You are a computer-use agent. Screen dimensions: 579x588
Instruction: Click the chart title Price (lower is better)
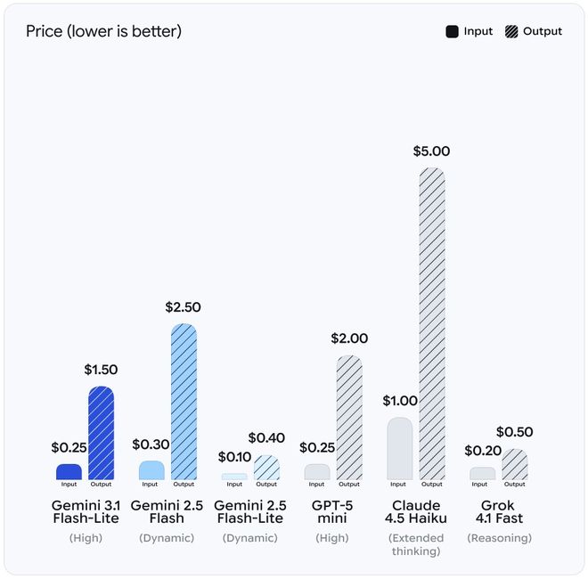click(x=103, y=32)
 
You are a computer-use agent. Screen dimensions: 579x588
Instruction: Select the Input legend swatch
click(x=452, y=32)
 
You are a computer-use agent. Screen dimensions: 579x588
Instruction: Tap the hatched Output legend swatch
click(x=511, y=32)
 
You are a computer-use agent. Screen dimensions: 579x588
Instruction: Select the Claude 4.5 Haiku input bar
click(x=399, y=449)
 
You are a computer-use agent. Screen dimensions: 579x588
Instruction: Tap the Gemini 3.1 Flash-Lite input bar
click(x=69, y=472)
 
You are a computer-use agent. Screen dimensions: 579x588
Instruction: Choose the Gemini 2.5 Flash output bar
click(x=184, y=402)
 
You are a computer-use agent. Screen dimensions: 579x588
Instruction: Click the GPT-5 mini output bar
click(x=349, y=418)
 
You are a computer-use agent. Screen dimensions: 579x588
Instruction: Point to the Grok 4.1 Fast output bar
click(x=515, y=465)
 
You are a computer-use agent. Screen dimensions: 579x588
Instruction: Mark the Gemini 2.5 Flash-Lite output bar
click(x=266, y=468)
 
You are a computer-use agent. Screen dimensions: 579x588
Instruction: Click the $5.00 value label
click(x=431, y=151)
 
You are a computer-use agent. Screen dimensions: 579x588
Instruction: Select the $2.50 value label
click(x=183, y=307)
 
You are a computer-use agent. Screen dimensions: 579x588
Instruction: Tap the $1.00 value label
click(x=400, y=401)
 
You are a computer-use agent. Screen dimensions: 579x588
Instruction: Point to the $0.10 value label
click(x=233, y=457)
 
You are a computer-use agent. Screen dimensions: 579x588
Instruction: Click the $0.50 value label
click(x=514, y=432)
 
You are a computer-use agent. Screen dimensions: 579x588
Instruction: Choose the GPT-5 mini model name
click(x=333, y=511)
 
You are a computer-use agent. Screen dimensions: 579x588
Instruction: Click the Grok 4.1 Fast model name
click(x=499, y=511)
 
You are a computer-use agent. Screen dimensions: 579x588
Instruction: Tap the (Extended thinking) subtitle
click(x=415, y=544)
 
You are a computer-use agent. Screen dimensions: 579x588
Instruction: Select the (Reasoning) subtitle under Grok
click(x=499, y=538)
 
